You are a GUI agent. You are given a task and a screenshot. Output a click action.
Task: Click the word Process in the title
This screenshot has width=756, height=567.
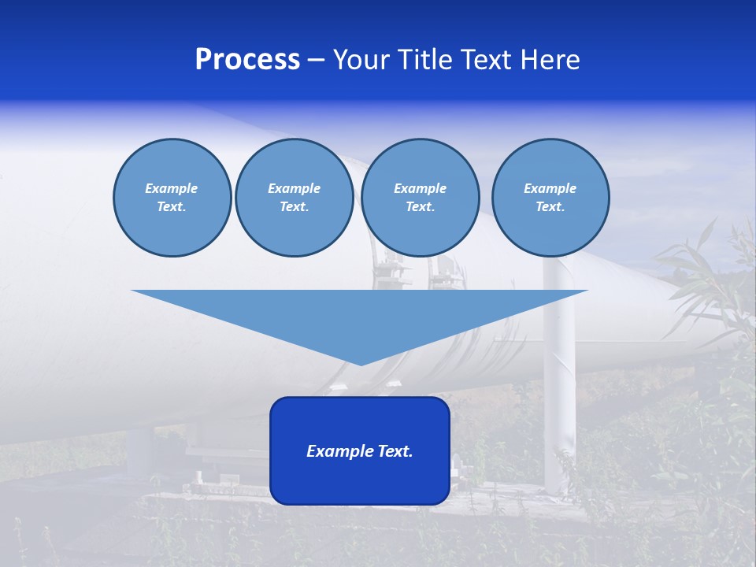(247, 60)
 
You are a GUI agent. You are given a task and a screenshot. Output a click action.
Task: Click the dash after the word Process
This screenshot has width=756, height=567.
(316, 61)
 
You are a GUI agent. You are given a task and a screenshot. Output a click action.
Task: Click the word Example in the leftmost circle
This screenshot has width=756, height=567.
(172, 188)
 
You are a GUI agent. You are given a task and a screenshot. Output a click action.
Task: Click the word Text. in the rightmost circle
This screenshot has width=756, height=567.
(550, 207)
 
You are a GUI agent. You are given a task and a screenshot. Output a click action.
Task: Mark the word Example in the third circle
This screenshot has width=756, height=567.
(420, 188)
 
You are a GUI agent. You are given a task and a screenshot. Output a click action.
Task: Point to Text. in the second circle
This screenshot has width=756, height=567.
(295, 207)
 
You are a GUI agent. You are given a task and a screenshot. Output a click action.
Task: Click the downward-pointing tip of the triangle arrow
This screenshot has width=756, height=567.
(361, 363)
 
